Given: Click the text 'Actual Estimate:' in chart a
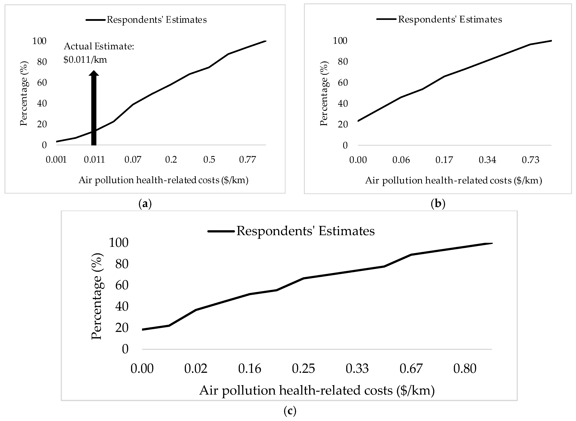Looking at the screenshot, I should tap(99, 46).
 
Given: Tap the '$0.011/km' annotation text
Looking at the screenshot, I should tap(85, 60).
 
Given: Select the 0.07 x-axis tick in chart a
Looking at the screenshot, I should tap(133, 160).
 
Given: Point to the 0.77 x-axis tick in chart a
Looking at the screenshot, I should tap(247, 160).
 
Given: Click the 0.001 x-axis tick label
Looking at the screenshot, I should tap(56, 160).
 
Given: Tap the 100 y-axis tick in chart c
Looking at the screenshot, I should tap(118, 243).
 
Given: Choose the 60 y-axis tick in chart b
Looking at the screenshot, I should tap(343, 83).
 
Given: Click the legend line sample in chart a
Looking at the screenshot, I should tap(95, 20).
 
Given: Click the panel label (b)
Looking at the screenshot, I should tap(438, 204).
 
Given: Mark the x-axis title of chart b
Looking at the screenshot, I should tap(453, 180).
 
